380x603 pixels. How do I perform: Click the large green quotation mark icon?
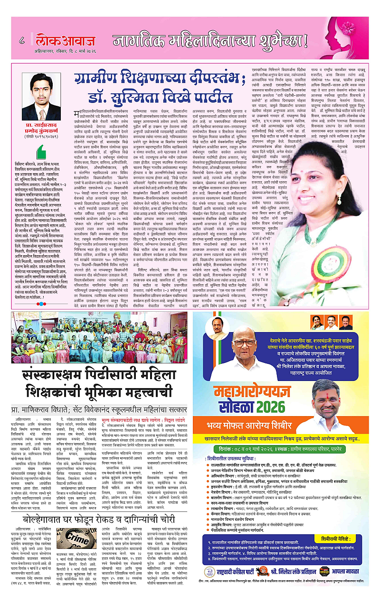coord(21,153)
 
